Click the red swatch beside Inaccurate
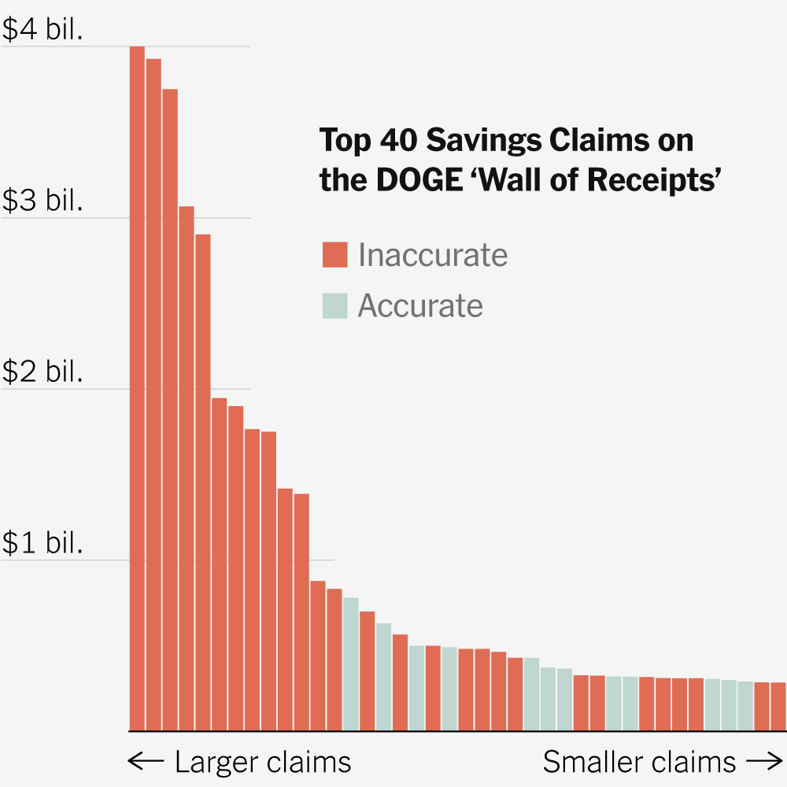(x=334, y=256)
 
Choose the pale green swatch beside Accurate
(x=334, y=305)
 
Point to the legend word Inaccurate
(x=433, y=256)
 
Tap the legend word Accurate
(x=420, y=305)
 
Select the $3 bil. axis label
(x=42, y=201)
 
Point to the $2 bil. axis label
(x=42, y=371)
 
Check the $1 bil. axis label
(x=42, y=543)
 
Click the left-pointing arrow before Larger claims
(x=146, y=762)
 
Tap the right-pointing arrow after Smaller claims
(x=763, y=762)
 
